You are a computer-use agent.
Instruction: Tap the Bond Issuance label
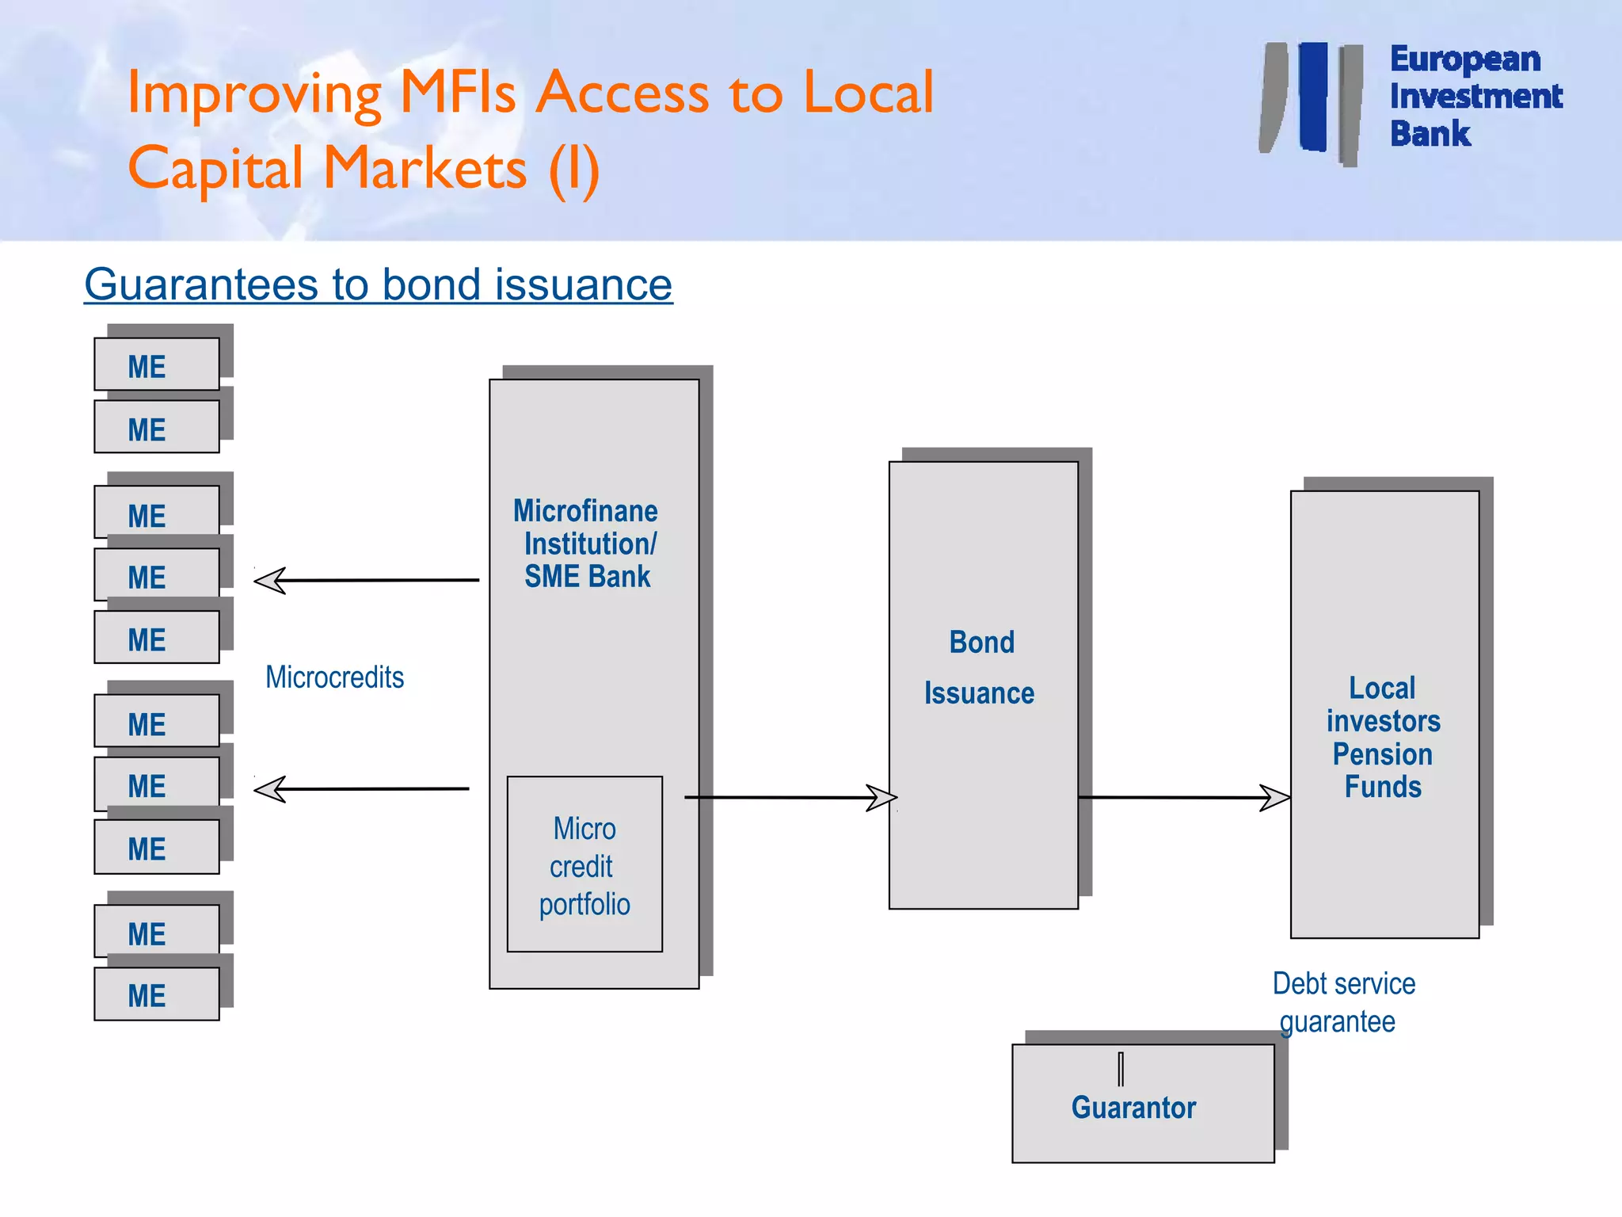pos(980,667)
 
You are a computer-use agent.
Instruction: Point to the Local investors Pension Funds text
pos(1384,737)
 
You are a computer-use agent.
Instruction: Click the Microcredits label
pos(334,677)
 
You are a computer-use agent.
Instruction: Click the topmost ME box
pos(156,365)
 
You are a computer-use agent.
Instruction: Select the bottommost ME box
pos(156,994)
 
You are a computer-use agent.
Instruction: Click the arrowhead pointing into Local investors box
pos(1275,798)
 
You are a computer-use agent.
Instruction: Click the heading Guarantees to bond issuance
pos(378,284)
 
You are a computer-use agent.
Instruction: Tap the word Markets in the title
pos(425,170)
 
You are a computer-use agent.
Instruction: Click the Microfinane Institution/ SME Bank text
pos(586,544)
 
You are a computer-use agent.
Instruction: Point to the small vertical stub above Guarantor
pos(1121,1069)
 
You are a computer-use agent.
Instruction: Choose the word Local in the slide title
pos(868,93)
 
